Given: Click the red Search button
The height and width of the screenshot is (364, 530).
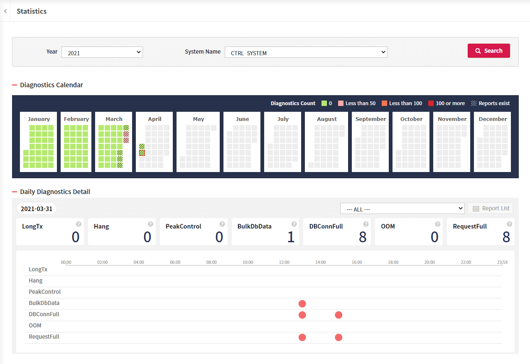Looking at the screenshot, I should [x=488, y=51].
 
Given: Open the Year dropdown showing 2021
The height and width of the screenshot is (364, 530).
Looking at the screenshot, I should [x=102, y=52].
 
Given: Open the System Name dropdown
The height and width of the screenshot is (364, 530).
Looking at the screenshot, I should [x=306, y=52].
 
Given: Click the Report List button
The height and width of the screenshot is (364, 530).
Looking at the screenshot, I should [x=490, y=208].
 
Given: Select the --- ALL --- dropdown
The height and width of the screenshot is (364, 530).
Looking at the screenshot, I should [x=402, y=209].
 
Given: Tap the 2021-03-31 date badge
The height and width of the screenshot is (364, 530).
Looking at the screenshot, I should [x=37, y=209].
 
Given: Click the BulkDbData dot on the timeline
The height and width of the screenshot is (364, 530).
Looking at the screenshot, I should [x=302, y=304].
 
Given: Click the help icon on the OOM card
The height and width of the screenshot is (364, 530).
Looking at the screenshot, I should [x=437, y=224].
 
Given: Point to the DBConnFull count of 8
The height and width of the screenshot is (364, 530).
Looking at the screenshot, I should [x=363, y=237].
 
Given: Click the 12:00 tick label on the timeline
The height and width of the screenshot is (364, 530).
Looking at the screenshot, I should [x=284, y=262].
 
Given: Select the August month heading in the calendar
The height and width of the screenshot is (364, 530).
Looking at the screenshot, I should [x=327, y=119].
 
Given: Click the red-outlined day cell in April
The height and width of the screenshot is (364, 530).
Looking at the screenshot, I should [x=142, y=153].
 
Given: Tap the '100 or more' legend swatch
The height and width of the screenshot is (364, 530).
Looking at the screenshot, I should [x=431, y=103].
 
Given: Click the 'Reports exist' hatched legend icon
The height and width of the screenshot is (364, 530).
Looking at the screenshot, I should [x=474, y=103].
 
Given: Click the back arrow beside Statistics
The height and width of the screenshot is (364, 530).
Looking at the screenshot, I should [x=5, y=11].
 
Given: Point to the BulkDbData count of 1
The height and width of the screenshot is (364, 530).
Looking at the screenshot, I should [x=291, y=237].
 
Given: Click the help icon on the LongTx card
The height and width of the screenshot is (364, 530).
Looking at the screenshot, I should [x=79, y=224].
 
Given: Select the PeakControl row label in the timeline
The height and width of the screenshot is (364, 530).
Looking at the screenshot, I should [x=44, y=292].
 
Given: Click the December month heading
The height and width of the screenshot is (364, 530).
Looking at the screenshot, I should [x=492, y=119].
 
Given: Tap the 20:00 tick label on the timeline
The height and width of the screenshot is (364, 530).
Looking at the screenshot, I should [x=429, y=262].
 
